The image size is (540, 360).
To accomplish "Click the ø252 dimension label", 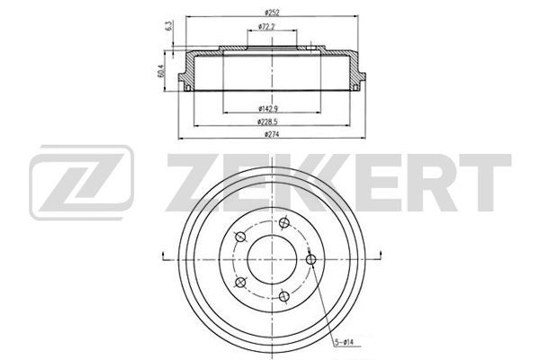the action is pos(272,13).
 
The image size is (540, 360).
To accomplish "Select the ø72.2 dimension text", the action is pos(266,26).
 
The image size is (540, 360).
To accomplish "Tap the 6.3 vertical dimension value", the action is pos(169,26).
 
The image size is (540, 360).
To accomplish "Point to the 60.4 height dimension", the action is pos(161,70).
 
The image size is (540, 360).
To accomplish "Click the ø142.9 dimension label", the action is pos(268,109).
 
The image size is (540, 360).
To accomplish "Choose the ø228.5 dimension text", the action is pos(267,121).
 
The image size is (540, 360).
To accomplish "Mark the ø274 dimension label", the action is pos(272,134).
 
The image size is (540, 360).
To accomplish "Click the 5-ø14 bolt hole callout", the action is pos(344,342).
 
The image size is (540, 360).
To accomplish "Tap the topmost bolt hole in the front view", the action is pos(284,222).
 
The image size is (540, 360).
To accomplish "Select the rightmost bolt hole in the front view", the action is pos(311,259).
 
